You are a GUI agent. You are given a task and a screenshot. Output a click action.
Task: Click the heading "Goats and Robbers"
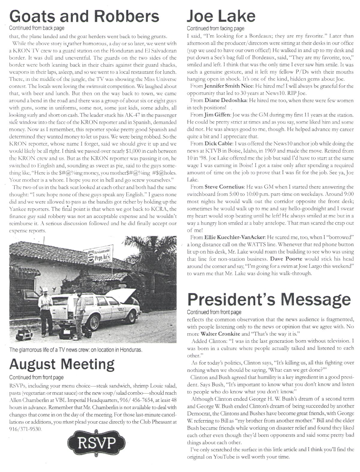(84, 16)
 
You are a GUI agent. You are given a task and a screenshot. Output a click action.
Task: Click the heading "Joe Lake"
(221, 16)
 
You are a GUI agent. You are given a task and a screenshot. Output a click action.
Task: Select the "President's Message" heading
(269, 299)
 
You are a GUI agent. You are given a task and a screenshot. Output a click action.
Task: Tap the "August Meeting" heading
(62, 364)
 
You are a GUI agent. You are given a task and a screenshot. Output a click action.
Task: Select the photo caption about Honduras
(76, 350)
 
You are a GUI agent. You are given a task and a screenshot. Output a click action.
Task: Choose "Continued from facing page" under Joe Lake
(215, 29)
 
